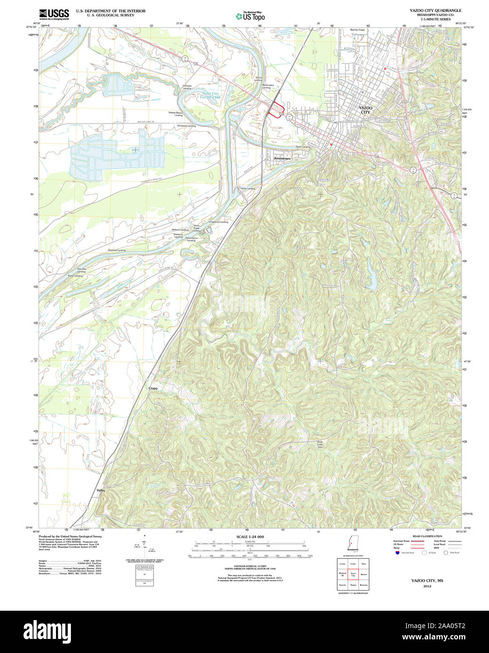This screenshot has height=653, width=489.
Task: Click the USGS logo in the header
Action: pyautogui.click(x=54, y=14)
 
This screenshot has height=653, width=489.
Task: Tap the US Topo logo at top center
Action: pyautogui.click(x=250, y=16)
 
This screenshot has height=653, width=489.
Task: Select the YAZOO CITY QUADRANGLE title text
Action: pyautogui.click(x=435, y=10)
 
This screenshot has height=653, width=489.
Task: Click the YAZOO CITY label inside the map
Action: pyautogui.click(x=365, y=110)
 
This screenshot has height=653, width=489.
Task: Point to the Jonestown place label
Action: pyautogui.click(x=282, y=158)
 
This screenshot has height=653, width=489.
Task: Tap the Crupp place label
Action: pyautogui.click(x=153, y=388)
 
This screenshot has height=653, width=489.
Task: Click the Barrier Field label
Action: pyautogui.click(x=357, y=30)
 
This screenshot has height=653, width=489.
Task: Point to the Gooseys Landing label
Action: pyautogui.click(x=116, y=250)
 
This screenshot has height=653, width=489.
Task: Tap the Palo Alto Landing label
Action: pyautogui.click(x=81, y=270)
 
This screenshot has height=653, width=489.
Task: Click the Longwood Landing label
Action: pyautogui.click(x=218, y=222)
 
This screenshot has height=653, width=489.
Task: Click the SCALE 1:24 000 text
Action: pyautogui.click(x=250, y=536)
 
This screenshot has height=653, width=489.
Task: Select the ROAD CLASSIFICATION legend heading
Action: pyautogui.click(x=427, y=536)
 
